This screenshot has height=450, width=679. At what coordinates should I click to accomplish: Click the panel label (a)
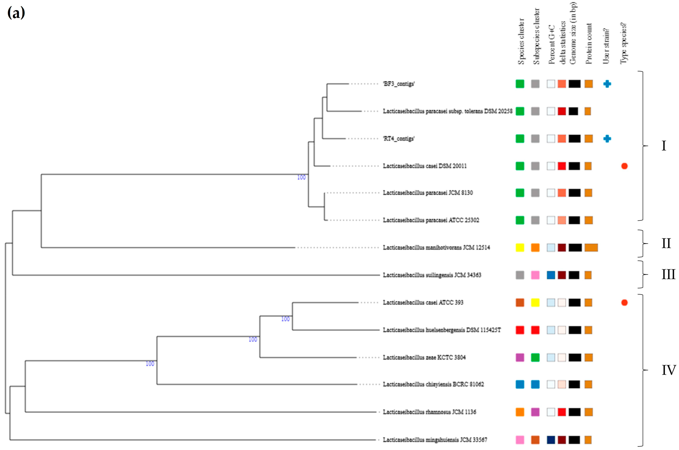point(16,13)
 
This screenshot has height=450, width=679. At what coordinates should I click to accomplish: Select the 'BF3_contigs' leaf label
point(399,84)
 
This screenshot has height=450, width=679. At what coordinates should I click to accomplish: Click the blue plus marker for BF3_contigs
point(607,84)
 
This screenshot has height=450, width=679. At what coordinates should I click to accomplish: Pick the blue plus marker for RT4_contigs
point(607,139)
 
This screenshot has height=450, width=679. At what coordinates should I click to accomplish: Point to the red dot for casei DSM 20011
point(624,166)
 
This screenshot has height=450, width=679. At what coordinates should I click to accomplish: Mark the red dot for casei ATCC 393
point(624,302)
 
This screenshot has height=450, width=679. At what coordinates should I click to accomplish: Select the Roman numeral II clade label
point(666,243)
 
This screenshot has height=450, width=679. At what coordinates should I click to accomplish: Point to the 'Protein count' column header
point(589,44)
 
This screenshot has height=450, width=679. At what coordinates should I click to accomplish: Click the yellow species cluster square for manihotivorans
point(520,247)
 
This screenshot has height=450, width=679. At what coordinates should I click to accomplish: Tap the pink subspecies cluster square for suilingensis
point(535,275)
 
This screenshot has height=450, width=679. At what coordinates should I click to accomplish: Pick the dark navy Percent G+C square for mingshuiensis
point(551,440)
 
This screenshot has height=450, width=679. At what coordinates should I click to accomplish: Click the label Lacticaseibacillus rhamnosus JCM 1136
point(429,412)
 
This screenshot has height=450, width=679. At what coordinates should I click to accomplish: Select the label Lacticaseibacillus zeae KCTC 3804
point(424,357)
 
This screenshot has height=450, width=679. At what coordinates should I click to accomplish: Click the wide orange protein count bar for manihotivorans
point(591,247)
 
